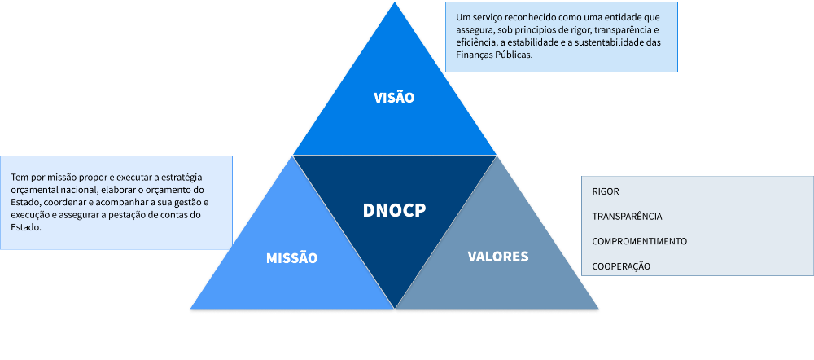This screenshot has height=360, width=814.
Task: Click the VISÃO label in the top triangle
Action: [x=394, y=98]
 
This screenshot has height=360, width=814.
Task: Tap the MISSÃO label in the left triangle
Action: [x=291, y=258]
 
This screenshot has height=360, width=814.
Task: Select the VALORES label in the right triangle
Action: [x=498, y=257]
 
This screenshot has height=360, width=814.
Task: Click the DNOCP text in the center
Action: [x=394, y=210]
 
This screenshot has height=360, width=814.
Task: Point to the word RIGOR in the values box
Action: [x=606, y=191]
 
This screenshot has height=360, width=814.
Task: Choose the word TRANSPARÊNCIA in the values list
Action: [x=627, y=217]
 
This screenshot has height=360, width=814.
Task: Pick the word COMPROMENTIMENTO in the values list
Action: [x=640, y=242]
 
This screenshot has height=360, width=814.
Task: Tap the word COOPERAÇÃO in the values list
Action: [x=621, y=267]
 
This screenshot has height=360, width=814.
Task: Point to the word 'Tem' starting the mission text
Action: [x=19, y=177]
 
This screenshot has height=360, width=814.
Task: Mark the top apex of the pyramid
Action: [x=396, y=2]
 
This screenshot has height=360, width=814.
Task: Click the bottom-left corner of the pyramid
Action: [x=190, y=310]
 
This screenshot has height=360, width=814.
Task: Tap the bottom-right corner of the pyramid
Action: [x=599, y=310]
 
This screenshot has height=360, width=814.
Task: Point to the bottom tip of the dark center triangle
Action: [x=395, y=309]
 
